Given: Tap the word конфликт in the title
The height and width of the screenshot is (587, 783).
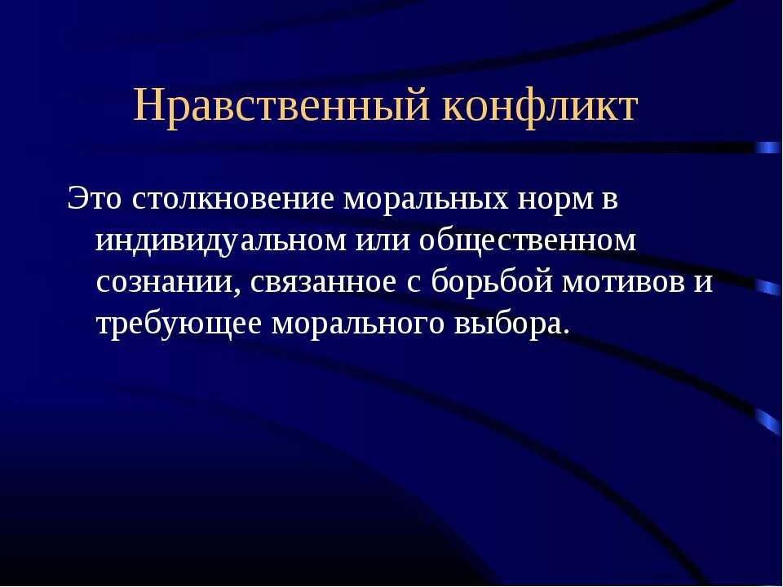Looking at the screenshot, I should point(539,106).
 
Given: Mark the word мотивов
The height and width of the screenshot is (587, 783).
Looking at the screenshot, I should point(625,283).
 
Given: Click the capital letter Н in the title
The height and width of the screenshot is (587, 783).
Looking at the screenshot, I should point(148,106).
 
